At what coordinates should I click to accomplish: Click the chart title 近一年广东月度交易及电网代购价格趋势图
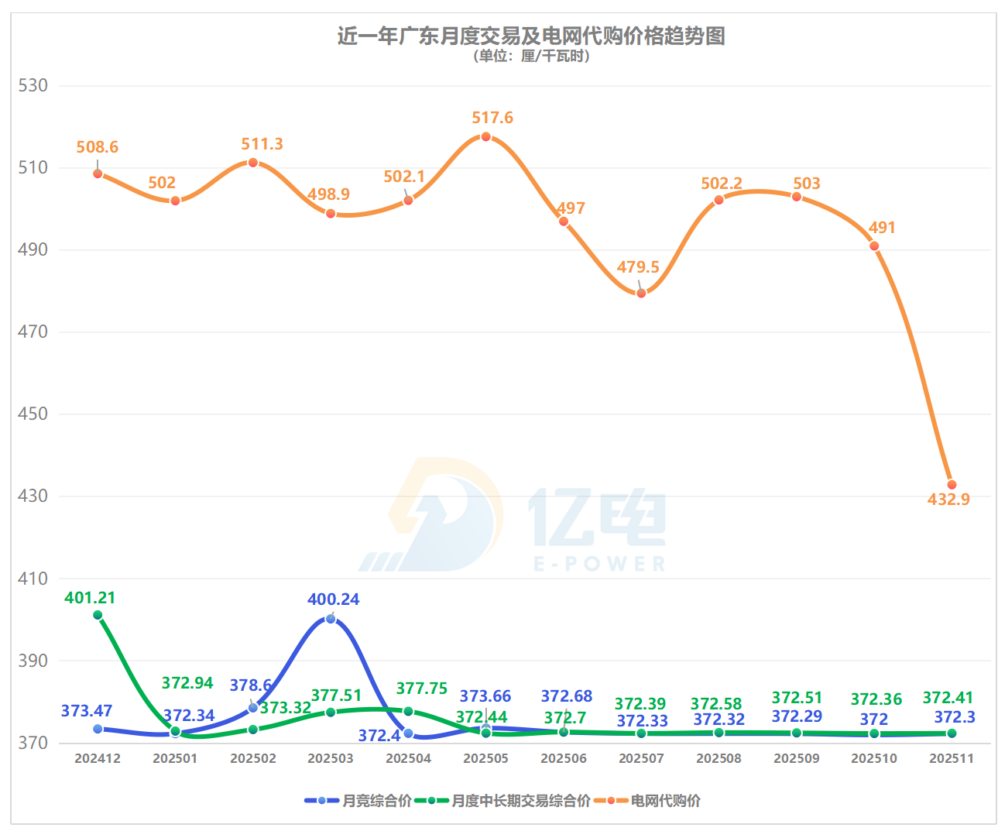(x=530, y=36)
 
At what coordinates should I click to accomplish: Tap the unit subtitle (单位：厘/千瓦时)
(x=530, y=56)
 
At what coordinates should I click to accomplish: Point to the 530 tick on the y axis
(x=33, y=85)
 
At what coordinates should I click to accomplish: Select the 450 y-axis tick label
(x=33, y=414)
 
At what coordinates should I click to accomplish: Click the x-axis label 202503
(x=331, y=758)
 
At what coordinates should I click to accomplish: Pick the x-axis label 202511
(x=952, y=758)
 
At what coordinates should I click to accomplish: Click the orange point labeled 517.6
(x=486, y=137)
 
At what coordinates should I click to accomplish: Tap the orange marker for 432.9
(x=952, y=485)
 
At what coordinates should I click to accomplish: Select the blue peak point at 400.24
(x=331, y=619)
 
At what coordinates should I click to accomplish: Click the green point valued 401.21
(x=98, y=615)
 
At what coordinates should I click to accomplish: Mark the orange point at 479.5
(x=641, y=293)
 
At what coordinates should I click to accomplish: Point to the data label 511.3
(x=262, y=144)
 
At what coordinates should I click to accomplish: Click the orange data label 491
(x=882, y=228)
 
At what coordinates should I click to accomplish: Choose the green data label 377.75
(x=422, y=689)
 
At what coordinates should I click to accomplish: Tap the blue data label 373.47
(x=87, y=711)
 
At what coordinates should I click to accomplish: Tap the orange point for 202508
(x=718, y=200)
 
